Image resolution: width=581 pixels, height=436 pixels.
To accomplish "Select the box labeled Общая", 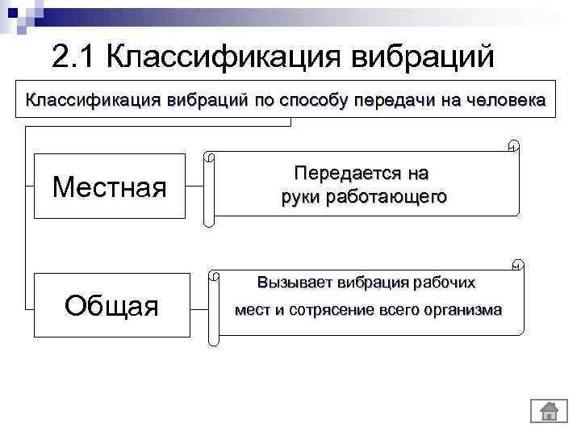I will point(111,305).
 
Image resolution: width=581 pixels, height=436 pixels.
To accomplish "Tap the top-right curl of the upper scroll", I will point(513,146).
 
